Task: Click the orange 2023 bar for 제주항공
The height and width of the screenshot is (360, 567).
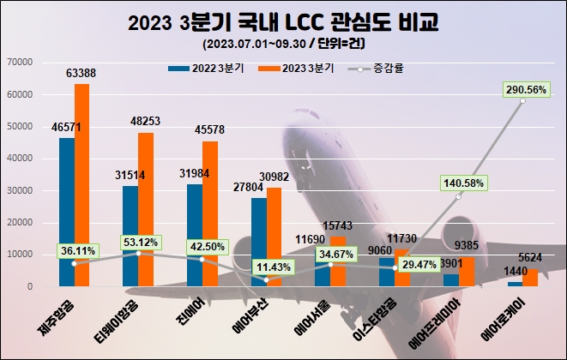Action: [x=81, y=184]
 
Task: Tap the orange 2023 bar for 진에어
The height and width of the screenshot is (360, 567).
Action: [x=210, y=213]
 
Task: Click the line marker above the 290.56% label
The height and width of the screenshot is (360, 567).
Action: [x=522, y=101]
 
